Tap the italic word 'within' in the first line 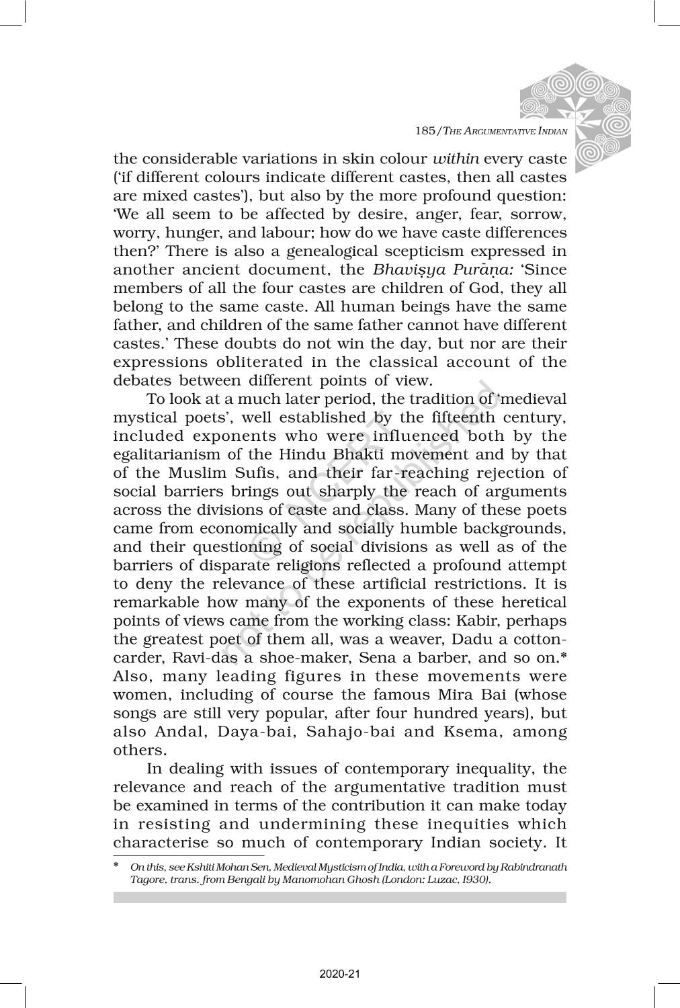pyautogui.click(x=455, y=159)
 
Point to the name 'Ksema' pyautogui.click(x=466, y=731)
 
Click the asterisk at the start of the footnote pyautogui.click(x=116, y=866)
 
